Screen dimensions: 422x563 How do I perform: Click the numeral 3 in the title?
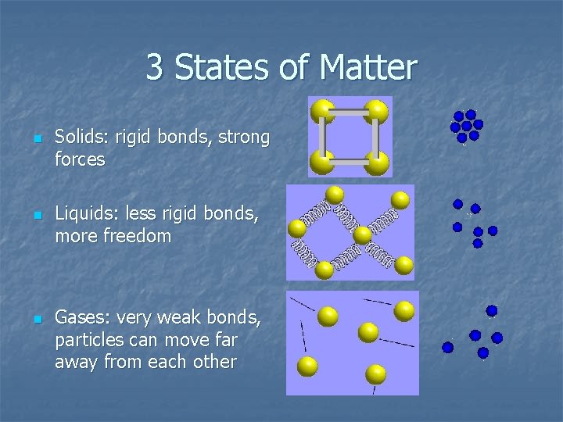click(154, 68)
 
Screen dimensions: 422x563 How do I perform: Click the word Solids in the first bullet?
click(81, 138)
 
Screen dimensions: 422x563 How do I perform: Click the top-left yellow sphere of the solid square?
click(322, 111)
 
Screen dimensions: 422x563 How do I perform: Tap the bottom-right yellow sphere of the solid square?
click(377, 163)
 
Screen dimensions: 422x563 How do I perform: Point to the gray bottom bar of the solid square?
click(350, 163)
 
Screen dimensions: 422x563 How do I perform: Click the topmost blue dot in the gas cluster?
click(491, 310)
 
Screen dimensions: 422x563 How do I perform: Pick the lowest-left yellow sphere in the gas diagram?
click(307, 366)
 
